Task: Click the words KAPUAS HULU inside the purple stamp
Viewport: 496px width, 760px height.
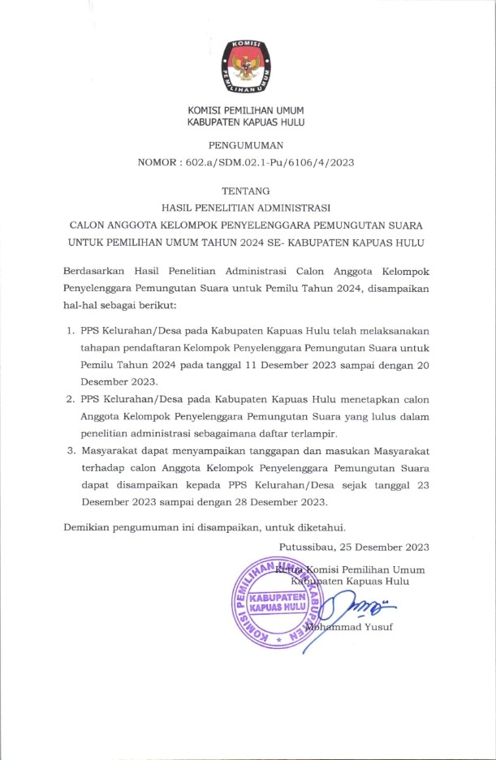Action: click(x=274, y=607)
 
